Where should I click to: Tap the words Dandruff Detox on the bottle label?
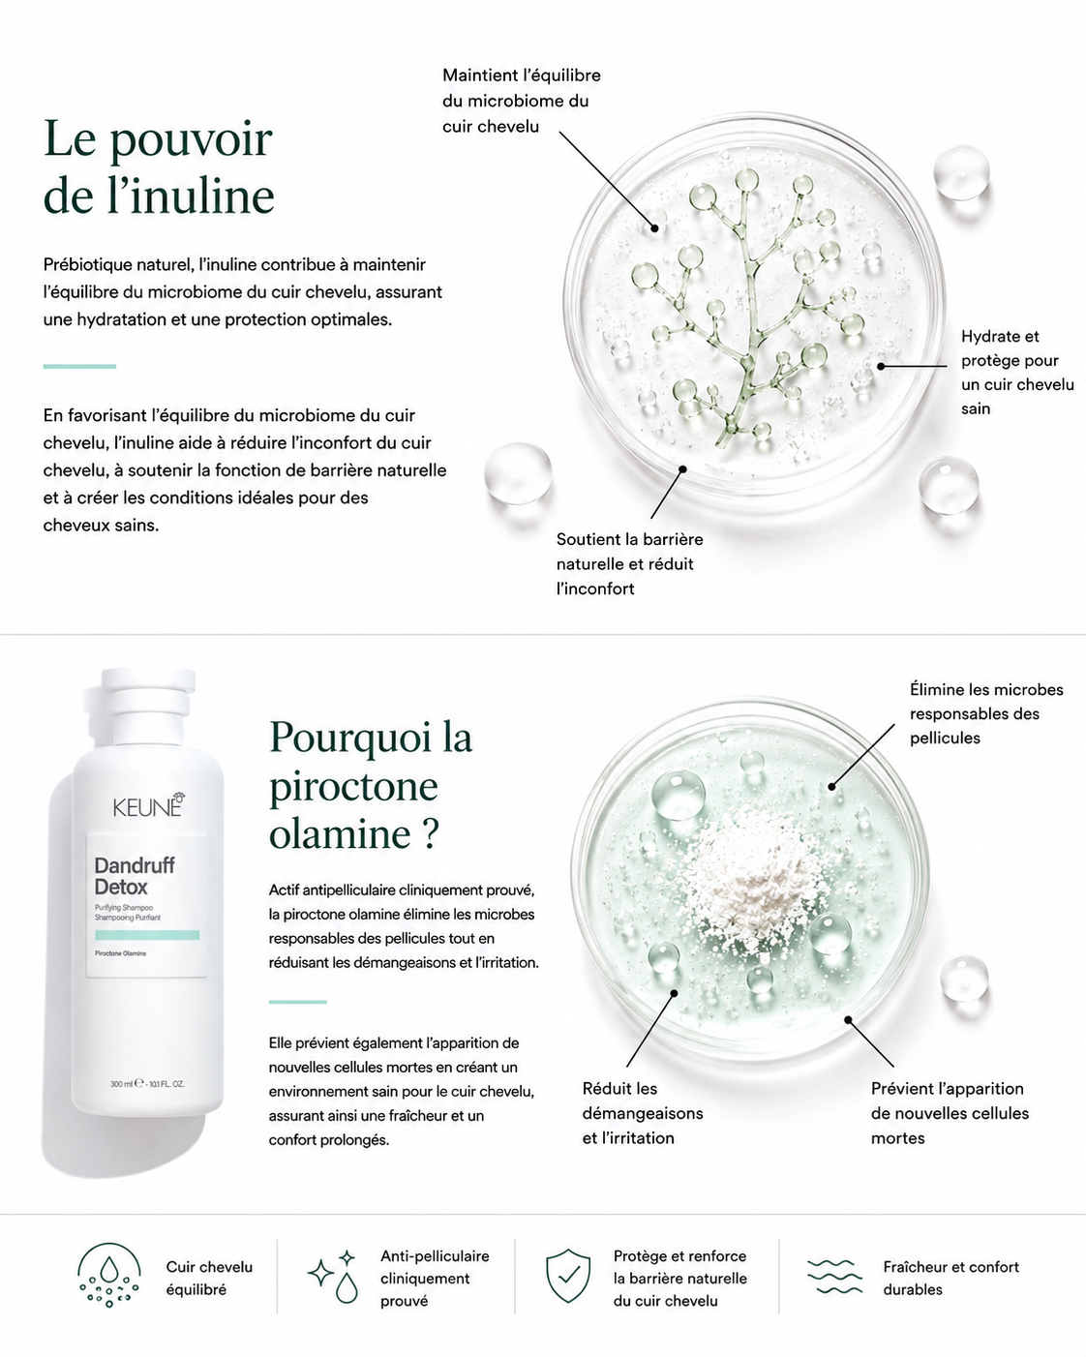135,875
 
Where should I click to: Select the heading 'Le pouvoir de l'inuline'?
159,166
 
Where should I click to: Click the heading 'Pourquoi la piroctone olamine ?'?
371,785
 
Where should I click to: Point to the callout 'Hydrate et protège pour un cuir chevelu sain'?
1017,372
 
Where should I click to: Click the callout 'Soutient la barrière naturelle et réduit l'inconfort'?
629,563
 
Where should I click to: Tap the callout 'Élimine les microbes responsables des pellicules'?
986,713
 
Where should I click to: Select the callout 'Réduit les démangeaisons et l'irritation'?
643,1114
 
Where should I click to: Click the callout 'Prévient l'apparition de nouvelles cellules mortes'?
950,1114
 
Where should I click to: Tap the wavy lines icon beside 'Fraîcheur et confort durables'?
834,1277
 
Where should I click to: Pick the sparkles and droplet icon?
333,1277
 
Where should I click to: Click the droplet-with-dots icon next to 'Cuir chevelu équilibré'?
108,1275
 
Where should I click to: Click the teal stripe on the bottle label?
147,935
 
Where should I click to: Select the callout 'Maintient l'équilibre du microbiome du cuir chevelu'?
522,101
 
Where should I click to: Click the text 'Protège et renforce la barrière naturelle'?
679,1267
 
